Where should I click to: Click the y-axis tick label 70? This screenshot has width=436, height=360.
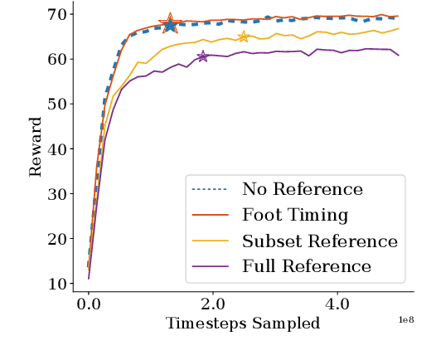pyautogui.click(x=57, y=14)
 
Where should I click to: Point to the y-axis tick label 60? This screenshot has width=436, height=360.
pyautogui.click(x=57, y=59)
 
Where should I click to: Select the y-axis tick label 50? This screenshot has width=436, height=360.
pyautogui.click(x=57, y=104)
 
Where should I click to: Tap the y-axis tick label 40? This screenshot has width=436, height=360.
pyautogui.click(x=57, y=148)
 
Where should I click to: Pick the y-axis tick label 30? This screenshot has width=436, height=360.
pyautogui.click(x=57, y=193)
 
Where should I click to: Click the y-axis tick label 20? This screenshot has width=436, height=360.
pyautogui.click(x=57, y=239)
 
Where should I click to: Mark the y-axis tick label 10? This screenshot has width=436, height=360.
pyautogui.click(x=57, y=284)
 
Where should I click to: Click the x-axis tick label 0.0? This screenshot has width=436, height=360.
pyautogui.click(x=89, y=304)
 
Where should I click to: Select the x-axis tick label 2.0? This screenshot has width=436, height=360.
pyautogui.click(x=212, y=304)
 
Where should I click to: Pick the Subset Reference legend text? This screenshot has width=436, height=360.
pyautogui.click(x=320, y=241)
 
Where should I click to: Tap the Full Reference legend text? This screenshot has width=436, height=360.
pyautogui.click(x=307, y=267)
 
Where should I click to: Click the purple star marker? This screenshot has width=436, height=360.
pyautogui.click(x=202, y=56)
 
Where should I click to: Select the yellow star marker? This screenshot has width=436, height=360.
pyautogui.click(x=243, y=36)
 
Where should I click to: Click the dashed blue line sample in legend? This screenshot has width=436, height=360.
pyautogui.click(x=211, y=189)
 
